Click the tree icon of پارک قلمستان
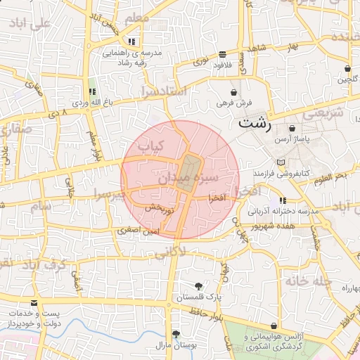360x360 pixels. point(198,286)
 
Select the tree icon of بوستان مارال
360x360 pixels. point(176,333)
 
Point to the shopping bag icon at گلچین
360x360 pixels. point(348,69)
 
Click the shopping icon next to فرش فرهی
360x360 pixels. point(234,92)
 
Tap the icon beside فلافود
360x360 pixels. point(223,54)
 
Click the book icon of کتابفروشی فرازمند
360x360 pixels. point(281,162)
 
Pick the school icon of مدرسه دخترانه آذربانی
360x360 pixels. point(283,200)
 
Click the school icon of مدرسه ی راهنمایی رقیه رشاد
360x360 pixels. point(131,41)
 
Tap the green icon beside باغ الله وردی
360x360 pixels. point(92,91)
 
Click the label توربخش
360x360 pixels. point(160,208)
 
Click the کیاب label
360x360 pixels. point(149,146)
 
